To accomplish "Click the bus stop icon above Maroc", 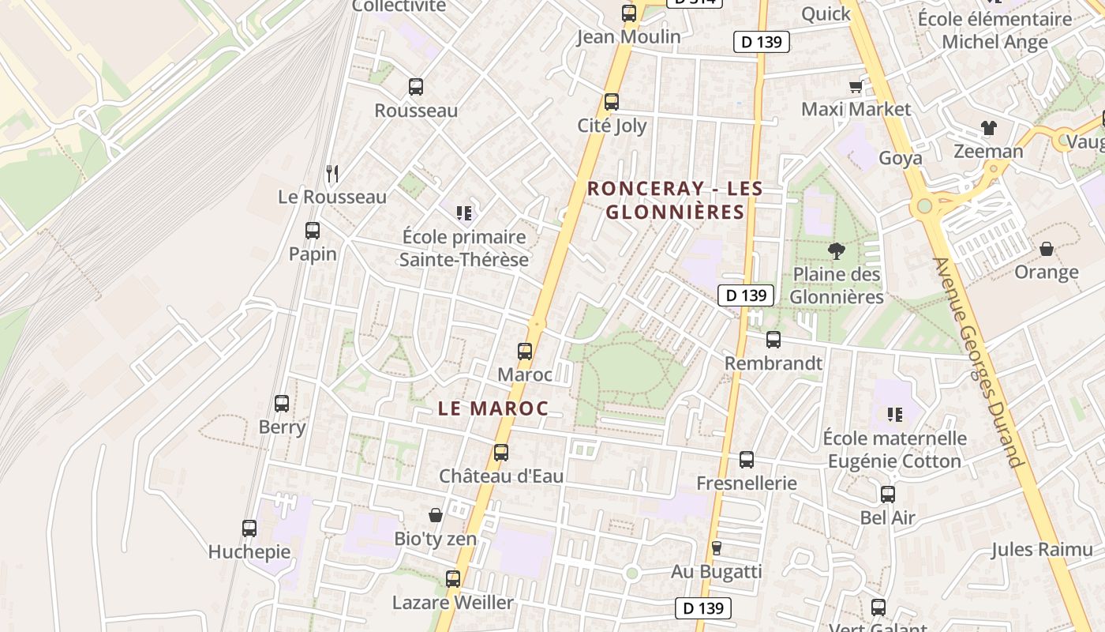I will click(525, 352).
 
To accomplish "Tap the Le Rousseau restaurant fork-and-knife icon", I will click(332, 173).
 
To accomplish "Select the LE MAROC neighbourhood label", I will click(493, 408).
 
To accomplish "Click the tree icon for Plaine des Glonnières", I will click(836, 251).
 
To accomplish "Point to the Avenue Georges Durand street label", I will click(977, 362).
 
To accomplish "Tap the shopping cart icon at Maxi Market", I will click(856, 86).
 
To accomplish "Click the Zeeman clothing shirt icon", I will click(988, 128).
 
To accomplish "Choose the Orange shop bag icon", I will click(1047, 249).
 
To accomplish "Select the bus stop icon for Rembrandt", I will click(773, 340).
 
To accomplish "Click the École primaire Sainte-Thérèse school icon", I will click(464, 213).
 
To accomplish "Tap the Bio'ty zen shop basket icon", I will click(435, 515).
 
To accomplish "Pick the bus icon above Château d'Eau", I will click(501, 453).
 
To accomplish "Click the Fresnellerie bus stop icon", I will click(747, 459).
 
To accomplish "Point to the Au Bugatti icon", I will click(717, 547).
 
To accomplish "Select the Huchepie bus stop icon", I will click(249, 529).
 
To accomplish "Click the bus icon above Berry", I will click(282, 404).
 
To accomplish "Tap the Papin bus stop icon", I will click(313, 231).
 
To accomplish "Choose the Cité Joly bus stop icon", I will click(612, 102).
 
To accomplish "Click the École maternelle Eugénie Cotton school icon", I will click(894, 414).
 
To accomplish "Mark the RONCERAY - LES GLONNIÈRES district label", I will click(675, 200).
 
